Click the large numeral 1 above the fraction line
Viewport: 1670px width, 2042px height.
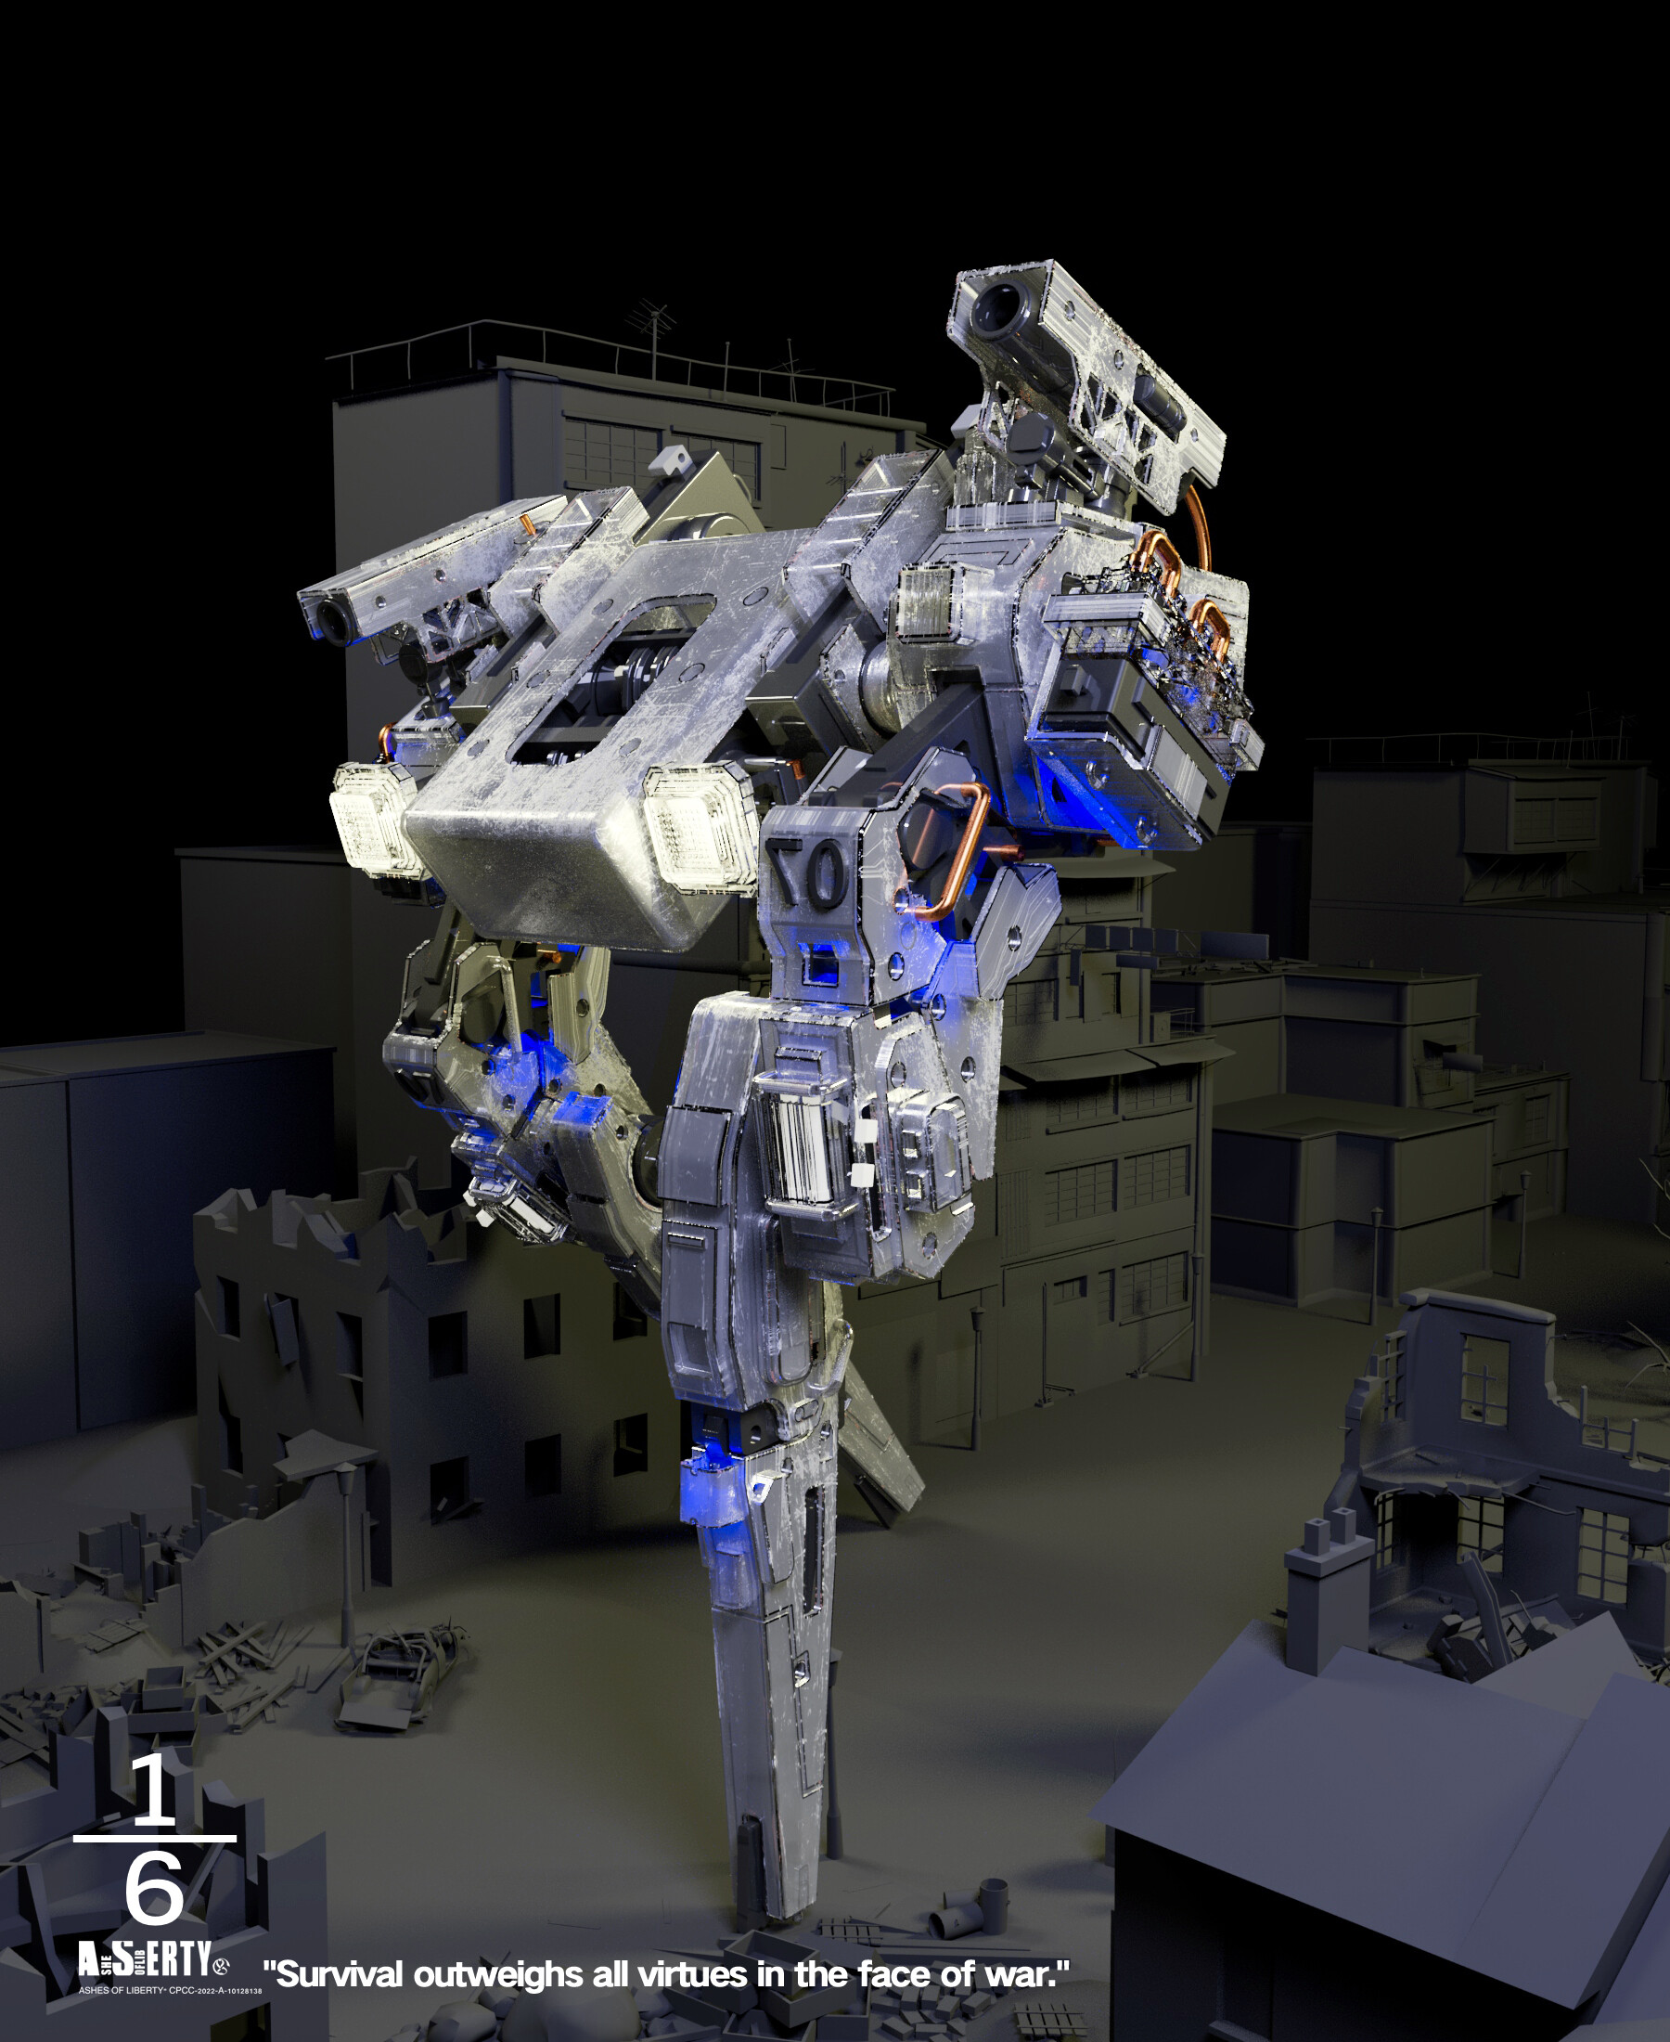[154, 1790]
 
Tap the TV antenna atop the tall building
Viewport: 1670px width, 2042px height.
[653, 327]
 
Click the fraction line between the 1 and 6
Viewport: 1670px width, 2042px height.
[154, 1839]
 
